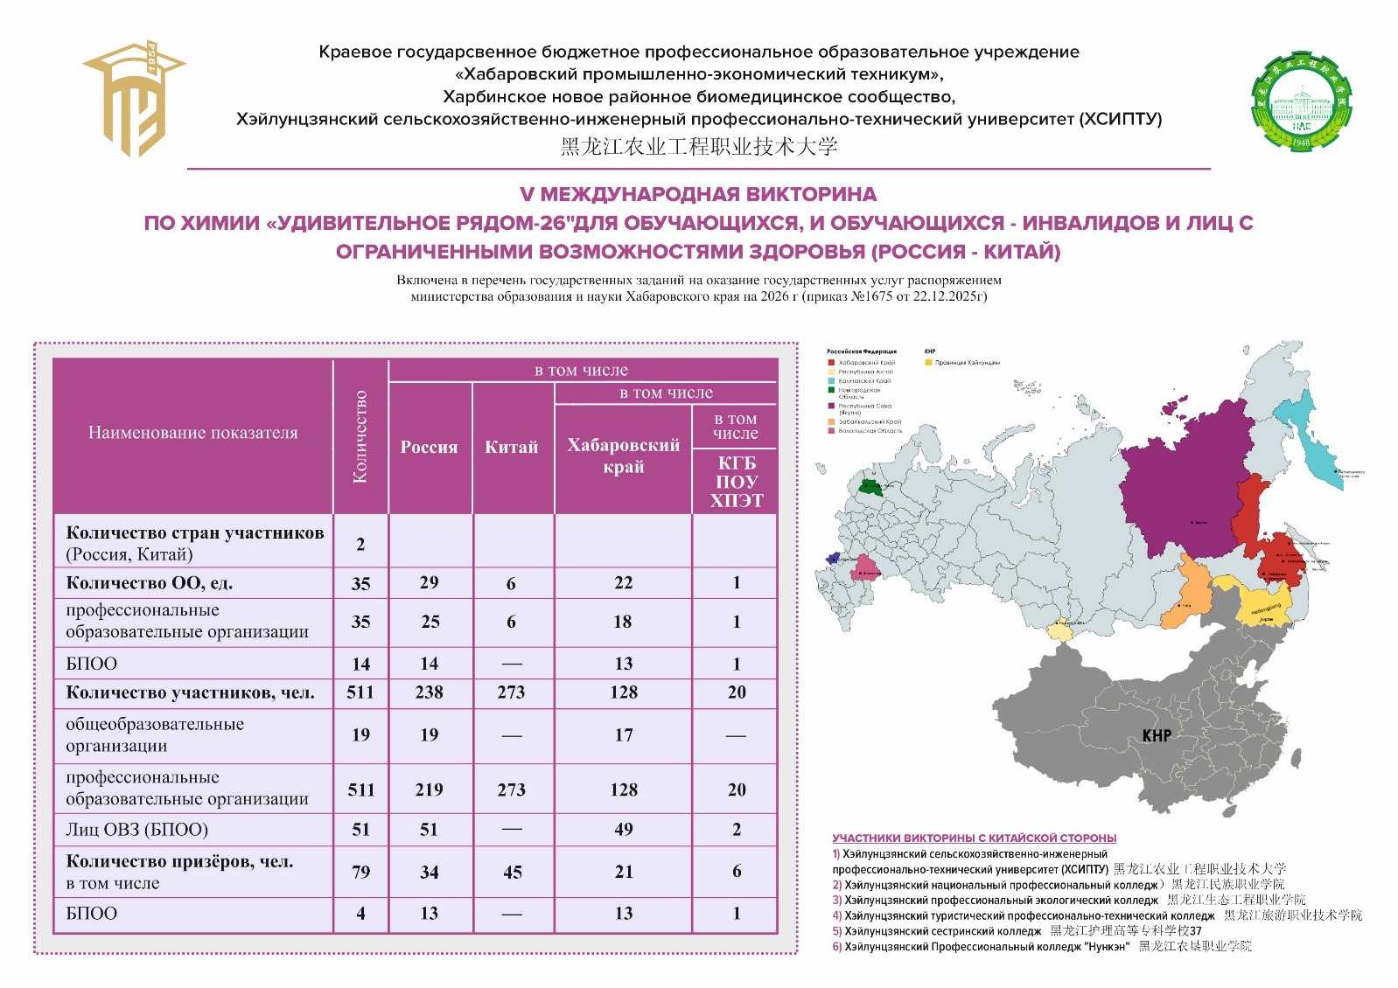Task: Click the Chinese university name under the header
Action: [698, 147]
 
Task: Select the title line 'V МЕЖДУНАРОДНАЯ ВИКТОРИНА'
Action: [698, 194]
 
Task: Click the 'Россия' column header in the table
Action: [429, 447]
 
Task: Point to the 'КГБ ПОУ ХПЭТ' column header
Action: [736, 482]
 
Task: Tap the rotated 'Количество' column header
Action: [360, 436]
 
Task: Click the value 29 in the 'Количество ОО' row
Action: [429, 582]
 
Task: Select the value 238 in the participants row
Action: [429, 692]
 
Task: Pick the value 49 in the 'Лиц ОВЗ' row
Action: [623, 829]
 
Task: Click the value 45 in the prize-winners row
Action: [513, 872]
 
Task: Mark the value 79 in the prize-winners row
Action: [360, 872]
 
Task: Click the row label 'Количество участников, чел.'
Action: [190, 692]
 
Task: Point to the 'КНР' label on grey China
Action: [1156, 735]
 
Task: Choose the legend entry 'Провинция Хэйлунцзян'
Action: [966, 362]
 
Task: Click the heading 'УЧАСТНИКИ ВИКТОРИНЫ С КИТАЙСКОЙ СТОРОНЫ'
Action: [974, 838]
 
